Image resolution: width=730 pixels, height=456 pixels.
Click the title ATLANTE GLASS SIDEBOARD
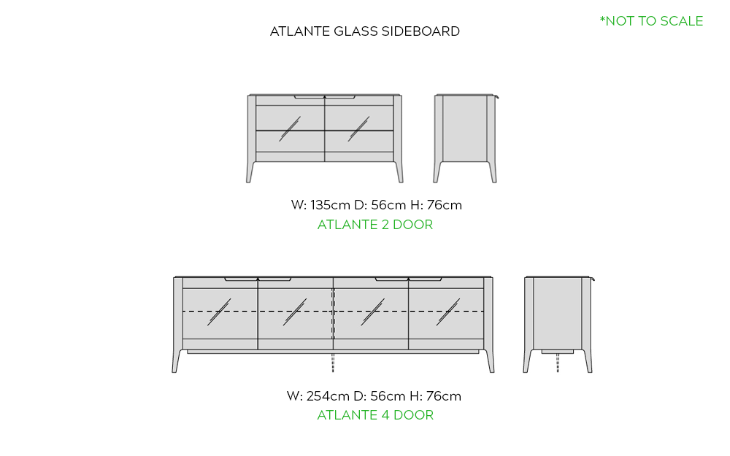364,31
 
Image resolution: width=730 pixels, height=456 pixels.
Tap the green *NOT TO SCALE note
651,21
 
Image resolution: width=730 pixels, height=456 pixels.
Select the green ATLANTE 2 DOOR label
375,224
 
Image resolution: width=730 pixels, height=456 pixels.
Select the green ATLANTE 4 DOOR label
375,414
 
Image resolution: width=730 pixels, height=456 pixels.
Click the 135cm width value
330,205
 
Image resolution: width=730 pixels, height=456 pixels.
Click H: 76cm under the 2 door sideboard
436,205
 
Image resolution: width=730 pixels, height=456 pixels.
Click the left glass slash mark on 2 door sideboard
290,129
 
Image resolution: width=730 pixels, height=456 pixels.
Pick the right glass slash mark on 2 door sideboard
358,129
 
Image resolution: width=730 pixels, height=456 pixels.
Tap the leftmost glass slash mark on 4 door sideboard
219,312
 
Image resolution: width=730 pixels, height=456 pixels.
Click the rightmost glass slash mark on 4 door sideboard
448,312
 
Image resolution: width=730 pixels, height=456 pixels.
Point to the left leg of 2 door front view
250,171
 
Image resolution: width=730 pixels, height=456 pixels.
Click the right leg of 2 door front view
399,171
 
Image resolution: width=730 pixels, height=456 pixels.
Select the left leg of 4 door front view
177,361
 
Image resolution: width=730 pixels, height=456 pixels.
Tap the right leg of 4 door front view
489,361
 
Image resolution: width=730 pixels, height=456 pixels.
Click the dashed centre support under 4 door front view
333,362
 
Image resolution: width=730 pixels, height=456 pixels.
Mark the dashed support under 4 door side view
558,363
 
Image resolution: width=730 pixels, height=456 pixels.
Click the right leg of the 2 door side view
492,171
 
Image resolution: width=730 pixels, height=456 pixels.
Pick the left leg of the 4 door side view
528,361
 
